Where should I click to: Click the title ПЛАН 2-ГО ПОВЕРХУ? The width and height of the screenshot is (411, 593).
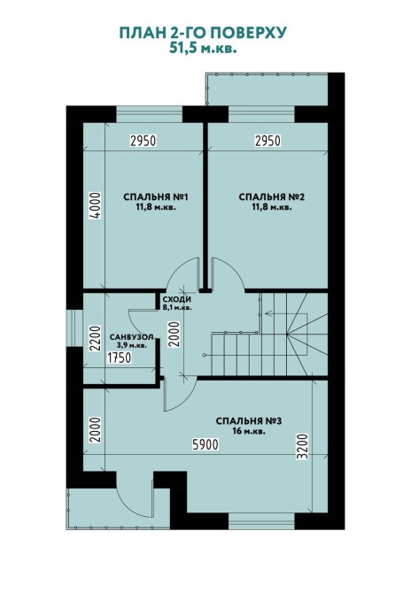(x=203, y=33)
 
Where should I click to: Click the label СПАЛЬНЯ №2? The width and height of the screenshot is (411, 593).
(x=272, y=197)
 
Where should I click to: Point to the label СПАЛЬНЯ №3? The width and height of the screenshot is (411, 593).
(x=249, y=421)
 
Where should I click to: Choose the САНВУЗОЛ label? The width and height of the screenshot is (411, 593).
(x=131, y=337)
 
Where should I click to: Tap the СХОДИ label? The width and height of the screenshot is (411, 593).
(x=177, y=299)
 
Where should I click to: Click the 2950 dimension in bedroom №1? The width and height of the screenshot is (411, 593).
(x=143, y=141)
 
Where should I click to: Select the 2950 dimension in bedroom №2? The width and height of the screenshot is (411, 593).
(x=268, y=141)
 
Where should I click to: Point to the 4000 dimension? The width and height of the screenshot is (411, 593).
(x=96, y=205)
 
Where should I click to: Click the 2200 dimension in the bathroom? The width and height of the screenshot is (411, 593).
(x=96, y=339)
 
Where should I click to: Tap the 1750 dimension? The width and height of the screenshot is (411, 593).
(x=120, y=358)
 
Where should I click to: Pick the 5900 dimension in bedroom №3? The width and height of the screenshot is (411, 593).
(x=205, y=444)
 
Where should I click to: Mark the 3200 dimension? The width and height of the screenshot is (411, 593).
(x=302, y=447)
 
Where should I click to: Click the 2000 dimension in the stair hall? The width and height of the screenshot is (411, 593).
(x=174, y=334)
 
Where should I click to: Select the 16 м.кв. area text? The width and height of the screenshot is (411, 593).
(x=249, y=431)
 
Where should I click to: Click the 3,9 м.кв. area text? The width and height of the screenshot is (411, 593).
(x=131, y=345)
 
